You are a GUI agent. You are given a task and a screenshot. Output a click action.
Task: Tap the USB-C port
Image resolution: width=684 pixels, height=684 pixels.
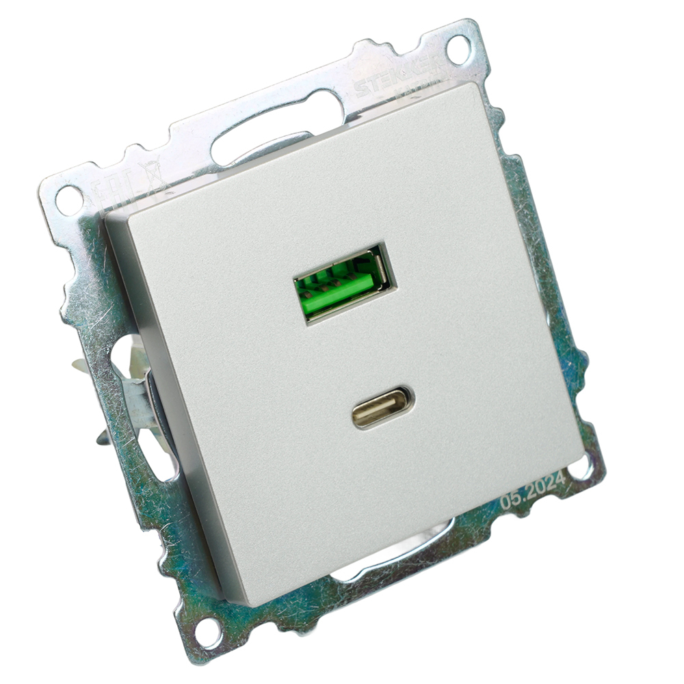(383, 408)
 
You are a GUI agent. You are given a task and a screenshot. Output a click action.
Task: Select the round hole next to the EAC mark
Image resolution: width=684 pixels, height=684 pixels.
(68, 199)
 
